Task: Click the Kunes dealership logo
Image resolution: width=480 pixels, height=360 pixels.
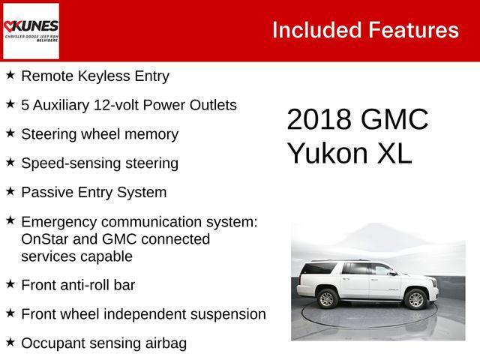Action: (31, 31)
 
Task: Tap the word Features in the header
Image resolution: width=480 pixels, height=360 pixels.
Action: (413, 30)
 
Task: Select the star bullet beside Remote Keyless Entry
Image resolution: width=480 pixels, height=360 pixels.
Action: (10, 76)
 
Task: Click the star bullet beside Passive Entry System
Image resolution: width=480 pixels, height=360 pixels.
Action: (10, 192)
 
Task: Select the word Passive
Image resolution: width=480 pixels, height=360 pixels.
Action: (46, 192)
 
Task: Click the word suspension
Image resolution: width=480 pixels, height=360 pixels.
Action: (229, 313)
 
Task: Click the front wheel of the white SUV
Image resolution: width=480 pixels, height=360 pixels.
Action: (415, 299)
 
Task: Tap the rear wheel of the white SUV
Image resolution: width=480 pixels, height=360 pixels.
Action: (326, 299)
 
